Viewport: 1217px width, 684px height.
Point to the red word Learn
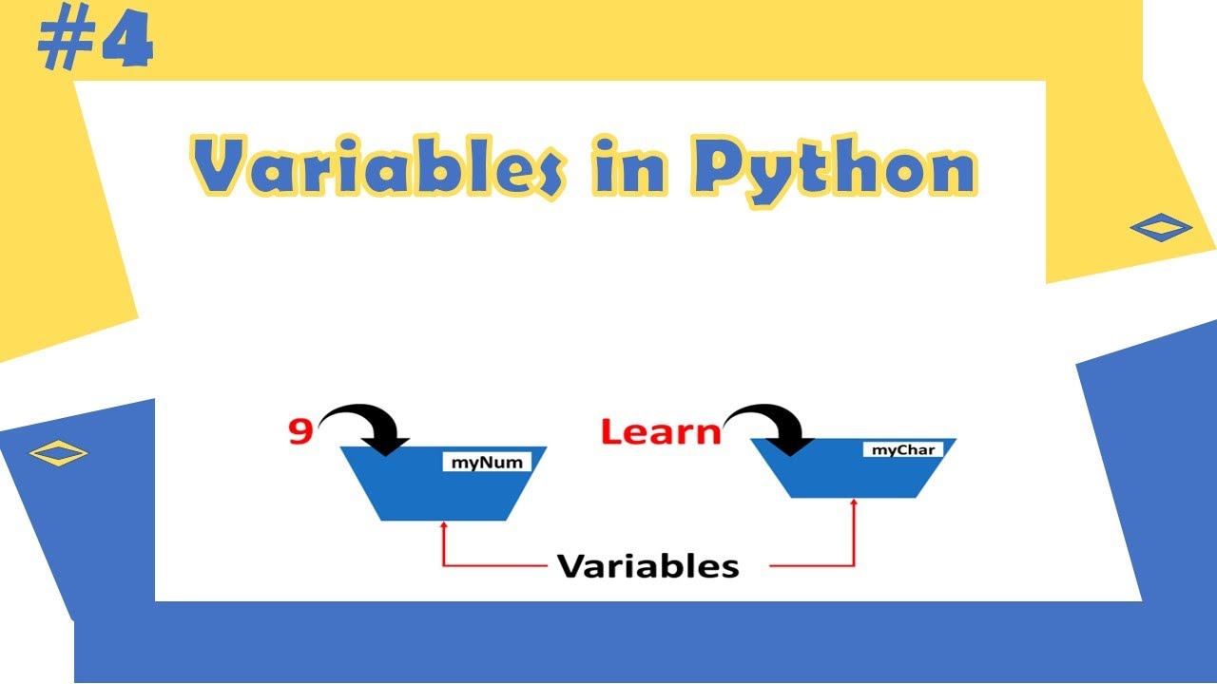(661, 432)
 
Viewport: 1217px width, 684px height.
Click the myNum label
(486, 462)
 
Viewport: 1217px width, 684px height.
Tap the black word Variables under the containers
(647, 566)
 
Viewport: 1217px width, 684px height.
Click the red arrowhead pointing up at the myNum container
(443, 525)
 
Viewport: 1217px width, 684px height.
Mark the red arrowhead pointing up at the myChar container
(854, 503)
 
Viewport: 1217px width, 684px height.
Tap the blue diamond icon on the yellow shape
(1161, 227)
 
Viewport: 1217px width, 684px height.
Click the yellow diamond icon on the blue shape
(58, 453)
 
